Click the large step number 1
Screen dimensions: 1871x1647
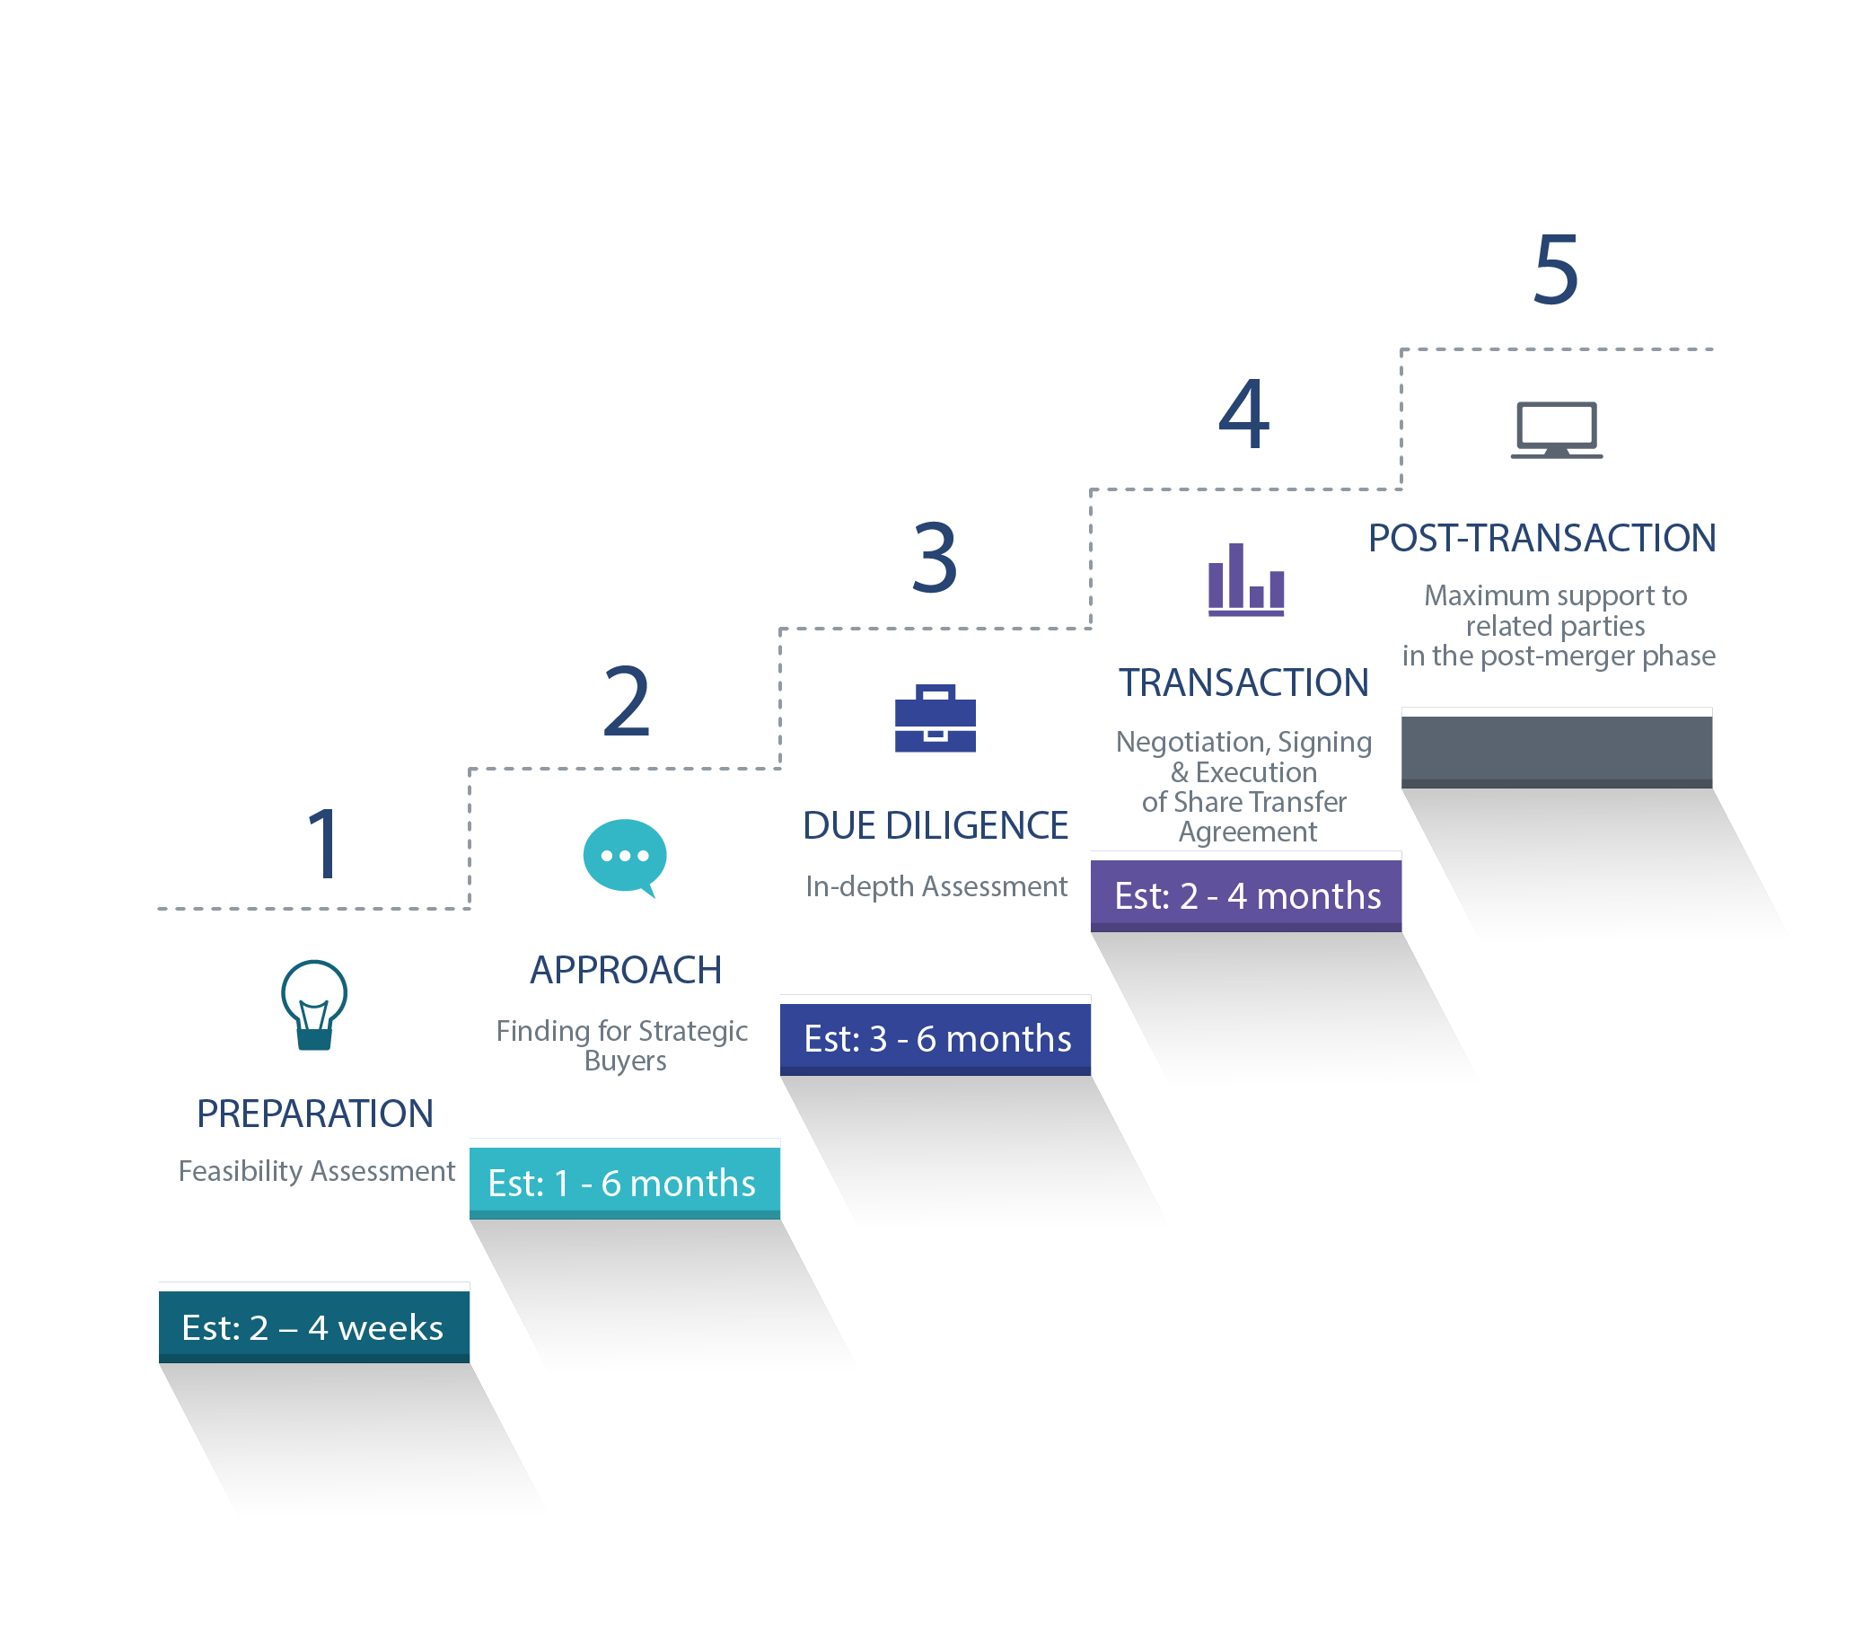tap(325, 843)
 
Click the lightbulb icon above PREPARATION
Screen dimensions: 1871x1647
tap(314, 1004)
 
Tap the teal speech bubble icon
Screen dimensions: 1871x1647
tap(625, 858)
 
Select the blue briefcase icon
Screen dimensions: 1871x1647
tap(935, 718)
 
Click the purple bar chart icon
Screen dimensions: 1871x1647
tap(1246, 579)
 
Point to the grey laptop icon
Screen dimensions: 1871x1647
tap(1556, 429)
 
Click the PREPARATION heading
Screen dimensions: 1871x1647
tap(315, 1114)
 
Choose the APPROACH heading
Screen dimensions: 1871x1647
tap(626, 970)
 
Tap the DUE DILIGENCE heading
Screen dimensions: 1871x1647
tap(935, 825)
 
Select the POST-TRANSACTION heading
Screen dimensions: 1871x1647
tap(1542, 537)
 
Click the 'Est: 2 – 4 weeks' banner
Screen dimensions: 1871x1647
tap(314, 1326)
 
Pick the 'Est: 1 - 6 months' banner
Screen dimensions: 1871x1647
tap(624, 1183)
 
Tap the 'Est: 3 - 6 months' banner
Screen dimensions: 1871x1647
tap(935, 1039)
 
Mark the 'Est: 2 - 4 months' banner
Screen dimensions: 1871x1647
tap(1246, 895)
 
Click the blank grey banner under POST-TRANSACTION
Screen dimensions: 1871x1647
tap(1556, 752)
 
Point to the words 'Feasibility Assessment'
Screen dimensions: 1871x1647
tap(317, 1171)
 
